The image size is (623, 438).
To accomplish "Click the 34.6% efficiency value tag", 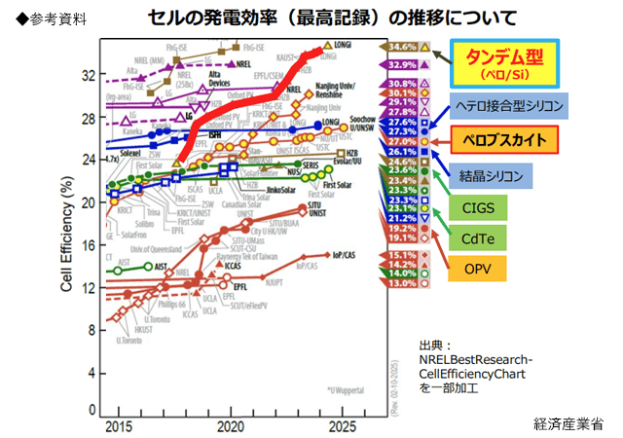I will point(402,47).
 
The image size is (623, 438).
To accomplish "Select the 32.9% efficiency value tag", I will point(402,64).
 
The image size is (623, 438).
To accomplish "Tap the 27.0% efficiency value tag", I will point(402,141).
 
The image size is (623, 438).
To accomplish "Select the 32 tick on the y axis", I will point(89,74).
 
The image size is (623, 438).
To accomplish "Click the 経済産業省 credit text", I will point(568,423).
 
